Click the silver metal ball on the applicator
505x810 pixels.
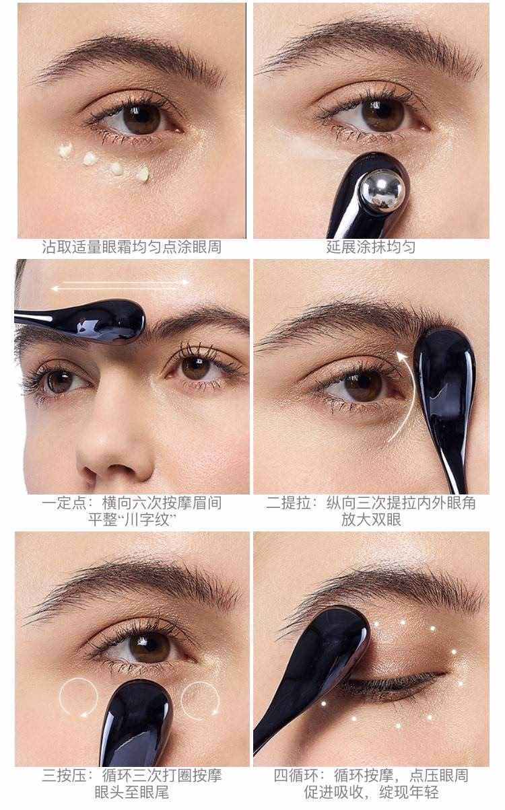[383, 191]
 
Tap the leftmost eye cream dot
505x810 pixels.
[65, 151]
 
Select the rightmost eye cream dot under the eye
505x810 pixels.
[142, 174]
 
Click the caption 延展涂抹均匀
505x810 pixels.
[371, 248]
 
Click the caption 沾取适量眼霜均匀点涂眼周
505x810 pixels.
[131, 248]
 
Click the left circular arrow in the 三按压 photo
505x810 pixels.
[79, 698]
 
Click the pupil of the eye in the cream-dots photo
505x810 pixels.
[142, 118]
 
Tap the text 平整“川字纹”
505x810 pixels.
[132, 520]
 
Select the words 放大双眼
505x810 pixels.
[371, 520]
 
